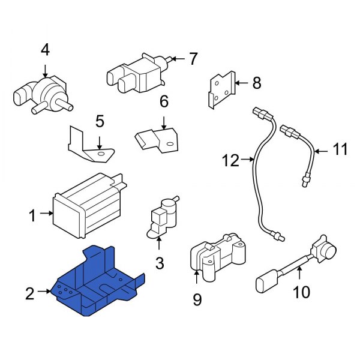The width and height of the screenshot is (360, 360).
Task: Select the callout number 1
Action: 32,213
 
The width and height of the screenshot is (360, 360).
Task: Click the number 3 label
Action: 159,263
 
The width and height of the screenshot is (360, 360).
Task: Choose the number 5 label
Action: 100,122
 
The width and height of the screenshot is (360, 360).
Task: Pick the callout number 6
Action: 164,103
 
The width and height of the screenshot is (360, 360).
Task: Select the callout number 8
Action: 257,83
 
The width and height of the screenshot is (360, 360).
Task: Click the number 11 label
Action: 340,149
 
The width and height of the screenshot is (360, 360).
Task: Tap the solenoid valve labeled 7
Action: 135,72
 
